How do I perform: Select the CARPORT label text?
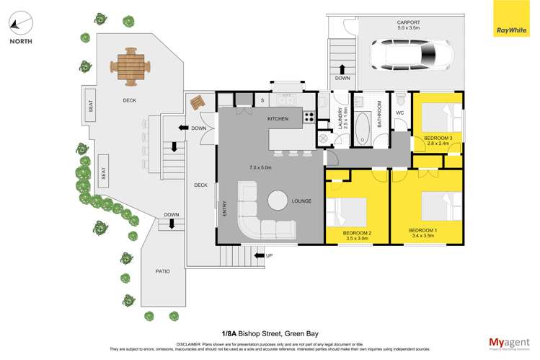click(408, 22)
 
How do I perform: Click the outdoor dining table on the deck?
click(130, 66)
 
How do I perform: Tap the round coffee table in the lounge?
click(278, 201)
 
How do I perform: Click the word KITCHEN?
click(278, 118)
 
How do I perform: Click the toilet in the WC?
click(399, 97)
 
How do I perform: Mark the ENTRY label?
click(224, 208)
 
